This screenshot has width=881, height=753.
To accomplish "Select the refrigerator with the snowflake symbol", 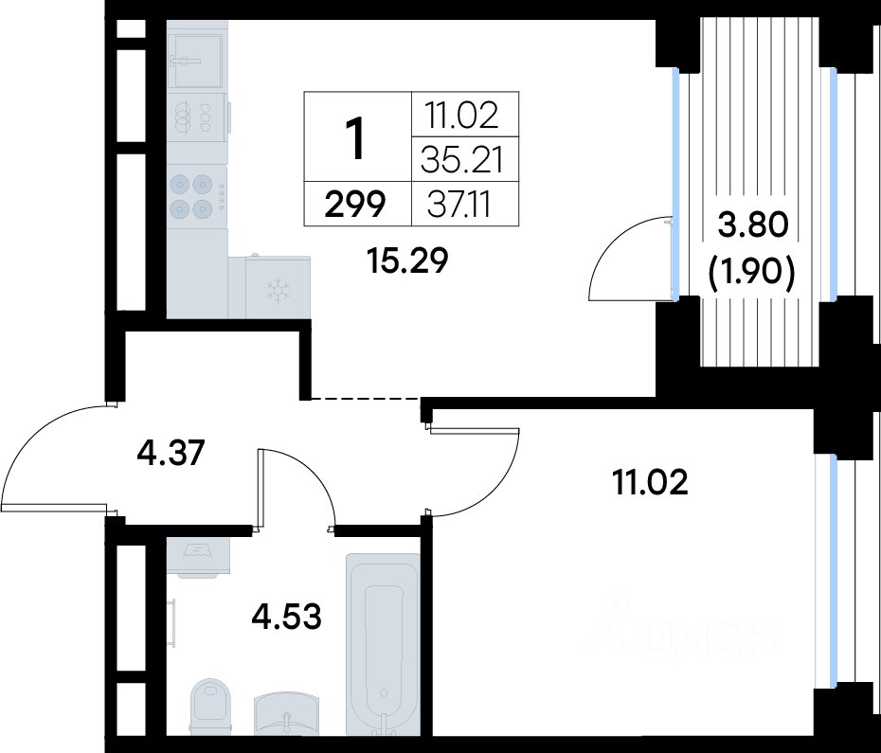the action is (x=279, y=288).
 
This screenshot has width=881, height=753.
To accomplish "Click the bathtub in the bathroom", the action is (x=384, y=644).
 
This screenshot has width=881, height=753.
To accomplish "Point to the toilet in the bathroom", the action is (x=210, y=707).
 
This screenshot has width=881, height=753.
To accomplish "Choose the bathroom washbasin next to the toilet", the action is (x=286, y=713).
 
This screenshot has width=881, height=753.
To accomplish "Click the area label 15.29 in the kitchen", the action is (x=406, y=260).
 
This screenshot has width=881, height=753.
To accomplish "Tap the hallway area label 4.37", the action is (x=171, y=453).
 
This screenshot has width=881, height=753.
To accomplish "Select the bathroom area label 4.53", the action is (x=286, y=616).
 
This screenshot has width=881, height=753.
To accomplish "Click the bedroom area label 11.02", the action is (x=651, y=483).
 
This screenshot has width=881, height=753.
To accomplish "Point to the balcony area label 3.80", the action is (x=753, y=225).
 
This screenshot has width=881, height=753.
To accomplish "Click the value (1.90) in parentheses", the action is (x=752, y=273).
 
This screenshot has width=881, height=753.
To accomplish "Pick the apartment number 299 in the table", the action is (x=355, y=204).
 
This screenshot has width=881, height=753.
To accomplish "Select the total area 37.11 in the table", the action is (x=459, y=204).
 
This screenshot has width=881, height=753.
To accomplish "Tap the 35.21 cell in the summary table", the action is (x=461, y=159).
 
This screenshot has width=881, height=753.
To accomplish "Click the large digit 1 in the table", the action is (x=355, y=139).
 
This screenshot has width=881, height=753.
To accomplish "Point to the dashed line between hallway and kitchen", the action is (x=367, y=399).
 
